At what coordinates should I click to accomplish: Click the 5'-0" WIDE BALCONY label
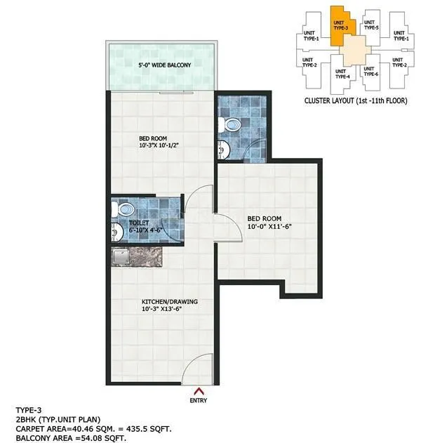point(165,65)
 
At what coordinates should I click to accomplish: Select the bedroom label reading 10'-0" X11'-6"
point(273,223)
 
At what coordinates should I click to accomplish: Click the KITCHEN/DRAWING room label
point(171,305)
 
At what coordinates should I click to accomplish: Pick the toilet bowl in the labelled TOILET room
point(125,209)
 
